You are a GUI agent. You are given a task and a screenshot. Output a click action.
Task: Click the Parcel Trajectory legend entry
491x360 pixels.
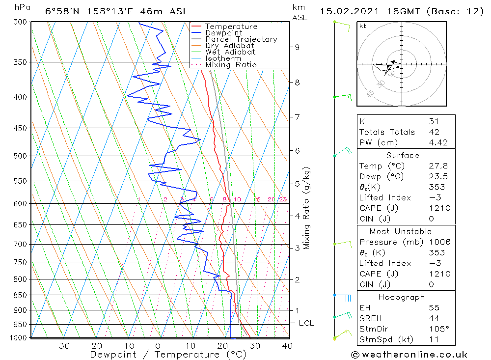tap(241, 39)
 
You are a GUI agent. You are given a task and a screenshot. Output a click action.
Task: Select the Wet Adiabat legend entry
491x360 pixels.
tap(230, 52)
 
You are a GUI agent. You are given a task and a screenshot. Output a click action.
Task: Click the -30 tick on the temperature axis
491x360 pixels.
tap(61, 346)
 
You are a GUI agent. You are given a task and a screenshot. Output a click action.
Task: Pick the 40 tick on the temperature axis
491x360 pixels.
tap(287, 346)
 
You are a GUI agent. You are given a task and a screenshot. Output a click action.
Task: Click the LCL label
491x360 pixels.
tap(306, 323)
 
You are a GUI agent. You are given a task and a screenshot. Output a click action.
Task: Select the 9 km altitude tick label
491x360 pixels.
tap(297, 47)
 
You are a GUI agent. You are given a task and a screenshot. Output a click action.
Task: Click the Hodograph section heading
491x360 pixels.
tap(402, 297)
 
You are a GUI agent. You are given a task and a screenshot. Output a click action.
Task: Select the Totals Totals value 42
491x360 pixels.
tap(434, 132)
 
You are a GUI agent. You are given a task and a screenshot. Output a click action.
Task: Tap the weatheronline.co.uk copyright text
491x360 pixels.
tap(409, 355)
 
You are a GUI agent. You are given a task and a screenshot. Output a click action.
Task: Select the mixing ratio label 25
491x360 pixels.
tap(283, 199)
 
